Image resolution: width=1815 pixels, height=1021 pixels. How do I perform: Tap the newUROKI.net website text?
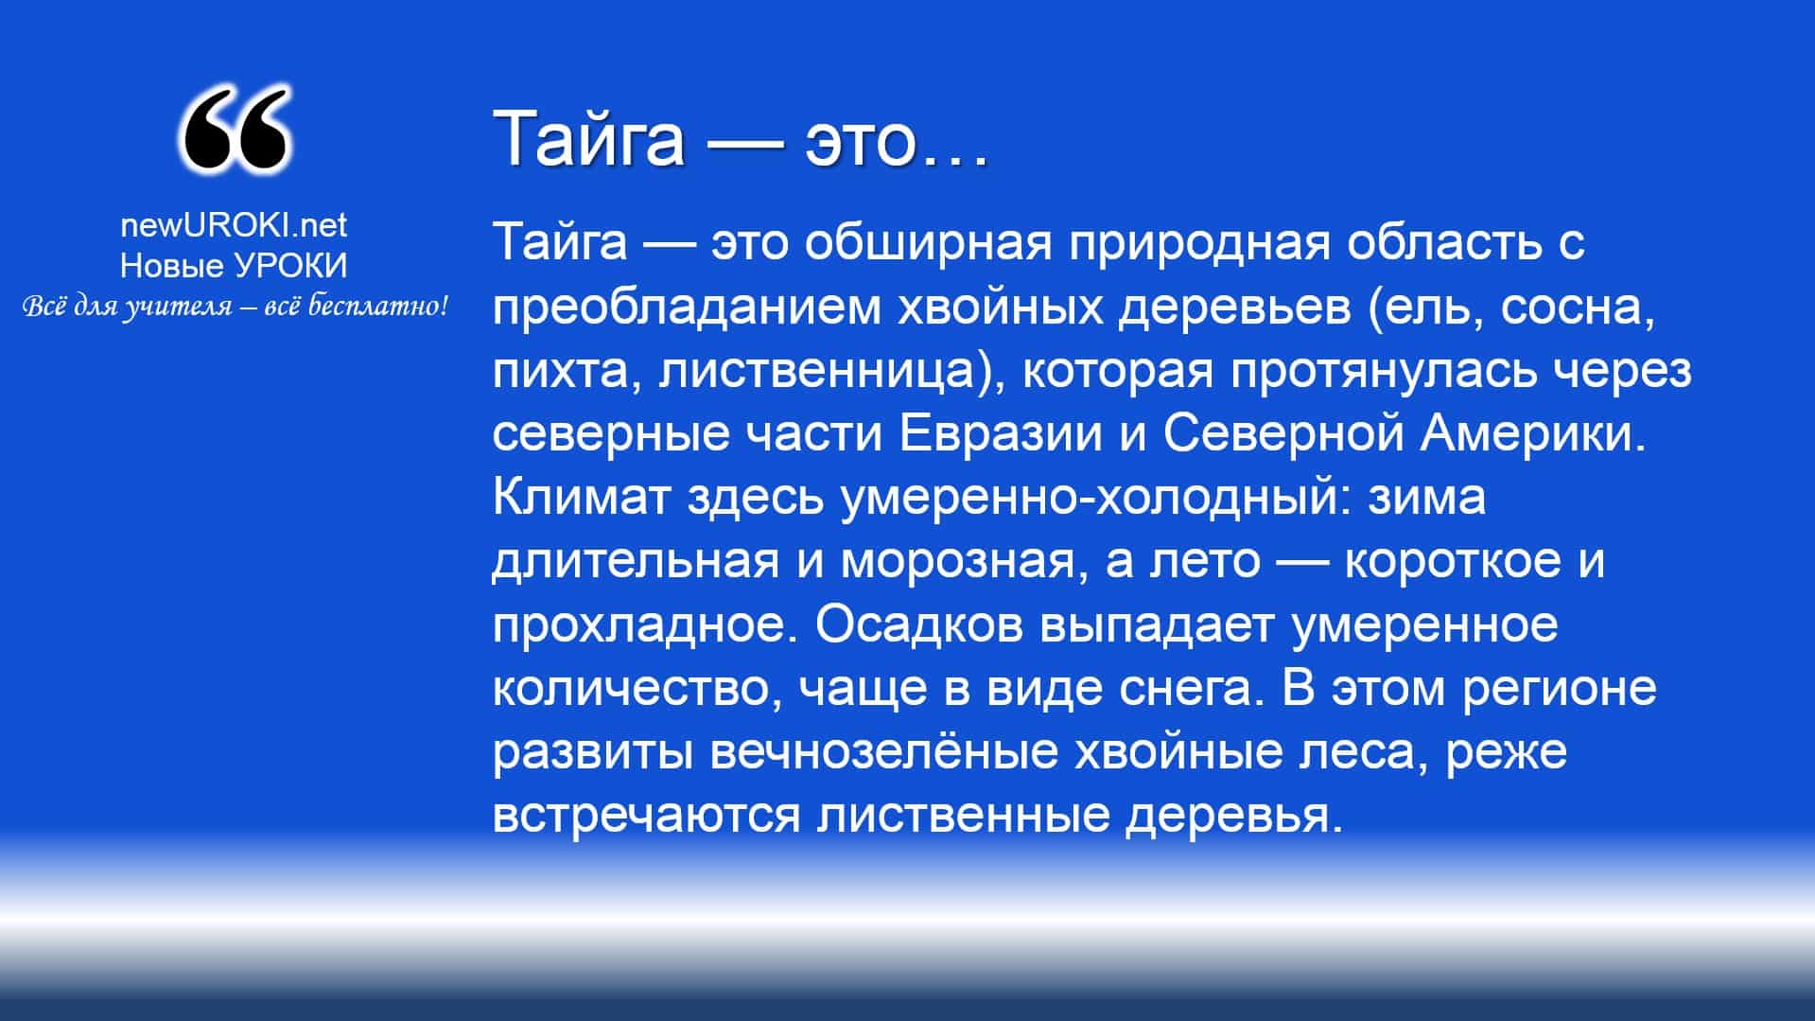234,224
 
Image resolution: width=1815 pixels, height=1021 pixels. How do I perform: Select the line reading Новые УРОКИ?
234,266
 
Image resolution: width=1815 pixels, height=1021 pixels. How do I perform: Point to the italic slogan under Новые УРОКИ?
234,306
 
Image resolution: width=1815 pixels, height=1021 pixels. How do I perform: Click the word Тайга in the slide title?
588,138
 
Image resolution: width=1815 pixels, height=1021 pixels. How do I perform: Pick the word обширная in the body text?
929,243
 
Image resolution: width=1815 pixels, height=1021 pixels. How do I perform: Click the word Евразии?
1001,433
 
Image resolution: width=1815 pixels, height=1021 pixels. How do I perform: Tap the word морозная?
958,561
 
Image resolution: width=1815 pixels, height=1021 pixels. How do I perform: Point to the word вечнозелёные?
883,751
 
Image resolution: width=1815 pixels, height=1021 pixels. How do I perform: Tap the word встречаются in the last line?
646,815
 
